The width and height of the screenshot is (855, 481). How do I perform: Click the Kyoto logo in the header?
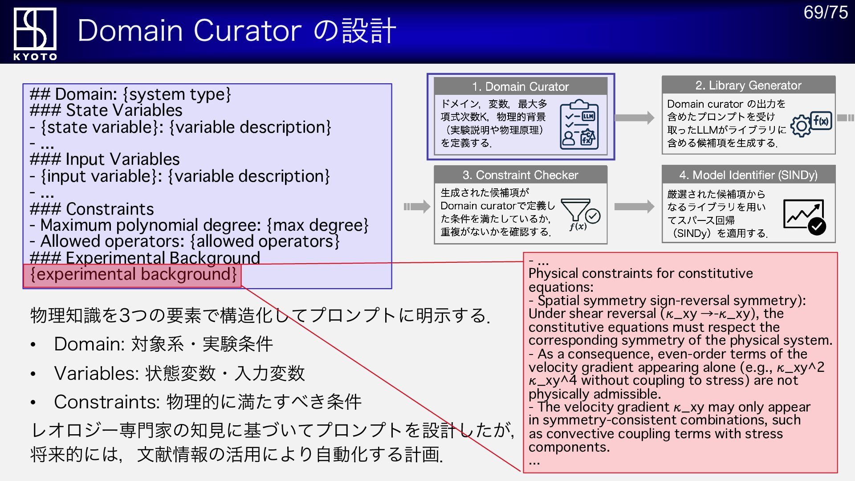pyautogui.click(x=35, y=33)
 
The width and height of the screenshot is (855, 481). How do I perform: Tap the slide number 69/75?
pyautogui.click(x=825, y=12)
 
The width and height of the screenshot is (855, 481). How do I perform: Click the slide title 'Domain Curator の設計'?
pyautogui.click(x=236, y=31)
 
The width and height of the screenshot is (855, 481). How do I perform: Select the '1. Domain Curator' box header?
pyautogui.click(x=520, y=86)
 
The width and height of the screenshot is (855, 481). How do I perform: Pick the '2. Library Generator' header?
pyautogui.click(x=748, y=85)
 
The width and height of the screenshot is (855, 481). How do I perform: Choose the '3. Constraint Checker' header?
pyautogui.click(x=520, y=175)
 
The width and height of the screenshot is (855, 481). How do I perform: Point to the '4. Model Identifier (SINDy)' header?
pyautogui.click(x=748, y=175)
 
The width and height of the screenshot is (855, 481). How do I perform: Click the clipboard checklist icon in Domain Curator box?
pyautogui.click(x=579, y=125)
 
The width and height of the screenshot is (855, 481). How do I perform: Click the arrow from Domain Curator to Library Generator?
pyautogui.click(x=634, y=118)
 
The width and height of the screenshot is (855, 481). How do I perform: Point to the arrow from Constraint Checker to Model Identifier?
pyautogui.click(x=634, y=207)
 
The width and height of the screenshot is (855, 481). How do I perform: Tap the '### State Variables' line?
pyautogui.click(x=106, y=110)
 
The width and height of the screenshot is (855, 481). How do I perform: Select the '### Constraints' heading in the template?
pyautogui.click(x=92, y=209)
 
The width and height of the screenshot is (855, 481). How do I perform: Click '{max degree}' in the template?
pyautogui.click(x=318, y=225)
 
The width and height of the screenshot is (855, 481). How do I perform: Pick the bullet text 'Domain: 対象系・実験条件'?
pyautogui.click(x=163, y=344)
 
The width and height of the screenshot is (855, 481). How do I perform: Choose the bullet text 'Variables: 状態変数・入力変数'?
pyautogui.click(x=179, y=373)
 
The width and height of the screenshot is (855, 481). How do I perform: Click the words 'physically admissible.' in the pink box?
pyautogui.click(x=594, y=394)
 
